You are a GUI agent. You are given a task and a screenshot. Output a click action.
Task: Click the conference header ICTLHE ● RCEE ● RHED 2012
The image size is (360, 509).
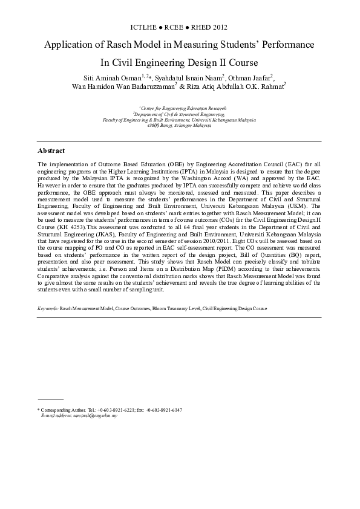pyautogui.click(x=179, y=28)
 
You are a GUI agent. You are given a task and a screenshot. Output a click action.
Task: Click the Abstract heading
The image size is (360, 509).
pyautogui.click(x=51, y=151)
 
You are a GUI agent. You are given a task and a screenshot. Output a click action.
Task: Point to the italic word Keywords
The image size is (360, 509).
pyautogui.click(x=47, y=308)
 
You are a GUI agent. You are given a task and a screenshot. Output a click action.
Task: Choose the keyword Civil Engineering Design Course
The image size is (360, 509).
pyautogui.click(x=235, y=308)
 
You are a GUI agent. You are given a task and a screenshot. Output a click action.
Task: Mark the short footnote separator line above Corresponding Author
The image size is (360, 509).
pyautogui.click(x=50, y=399)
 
